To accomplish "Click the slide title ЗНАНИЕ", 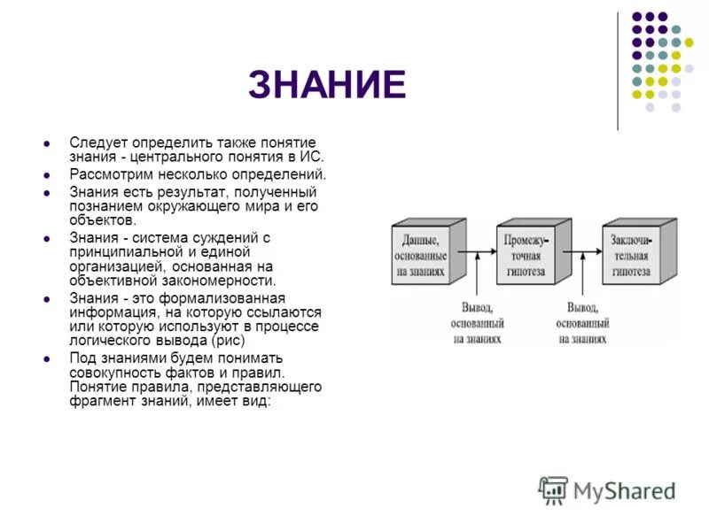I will point(327,85).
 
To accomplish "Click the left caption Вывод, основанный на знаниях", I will point(481,323).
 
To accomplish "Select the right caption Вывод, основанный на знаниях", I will point(582,323).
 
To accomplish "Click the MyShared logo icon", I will point(553,490).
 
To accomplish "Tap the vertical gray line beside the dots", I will point(618,71).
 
